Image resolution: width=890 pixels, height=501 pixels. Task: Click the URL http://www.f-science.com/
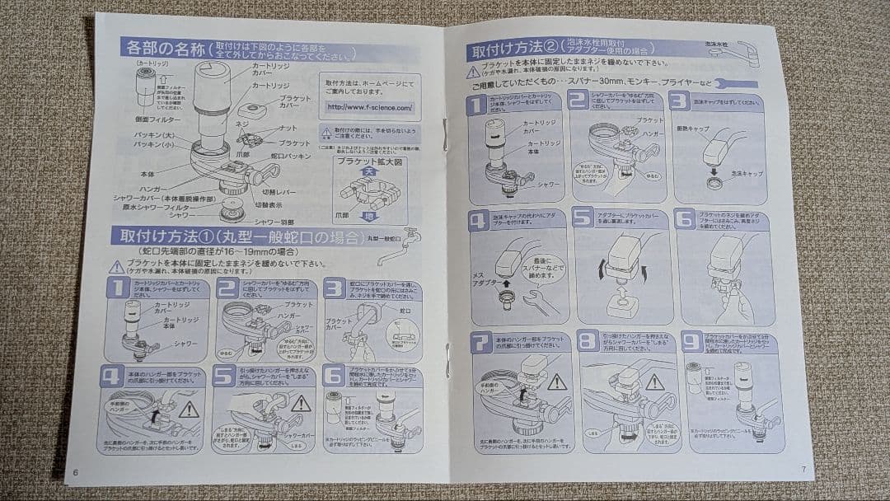[x=369, y=107]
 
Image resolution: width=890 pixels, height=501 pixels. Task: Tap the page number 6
[x=75, y=472]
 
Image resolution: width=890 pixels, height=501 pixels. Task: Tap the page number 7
[x=803, y=469]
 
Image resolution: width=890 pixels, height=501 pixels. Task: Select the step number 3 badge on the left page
[x=334, y=288]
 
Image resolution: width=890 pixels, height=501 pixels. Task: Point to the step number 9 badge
[x=691, y=339]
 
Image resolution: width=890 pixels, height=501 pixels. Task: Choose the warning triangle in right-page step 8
[x=655, y=382]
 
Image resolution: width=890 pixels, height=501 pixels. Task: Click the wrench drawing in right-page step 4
[x=541, y=302]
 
